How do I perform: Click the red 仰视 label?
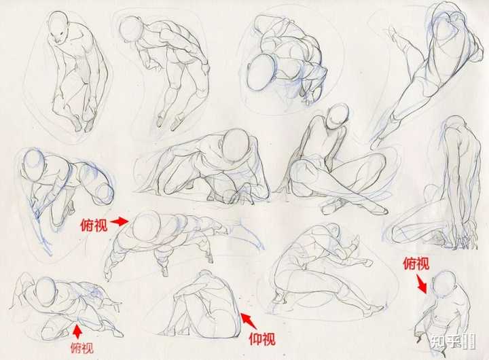coord(262,339)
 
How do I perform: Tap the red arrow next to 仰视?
coord(249,321)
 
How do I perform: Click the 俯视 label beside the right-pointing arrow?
coord(94,225)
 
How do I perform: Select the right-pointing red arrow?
coord(120,221)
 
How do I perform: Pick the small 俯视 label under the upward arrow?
coord(81,348)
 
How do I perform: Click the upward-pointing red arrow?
coord(77,331)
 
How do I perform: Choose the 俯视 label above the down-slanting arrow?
coord(416,264)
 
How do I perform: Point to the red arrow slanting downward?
coord(421,283)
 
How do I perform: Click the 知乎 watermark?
coord(452,341)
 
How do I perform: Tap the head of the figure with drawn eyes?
coord(58,26)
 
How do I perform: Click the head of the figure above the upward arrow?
coord(46,291)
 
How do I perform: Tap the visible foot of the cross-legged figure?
coord(333,205)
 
